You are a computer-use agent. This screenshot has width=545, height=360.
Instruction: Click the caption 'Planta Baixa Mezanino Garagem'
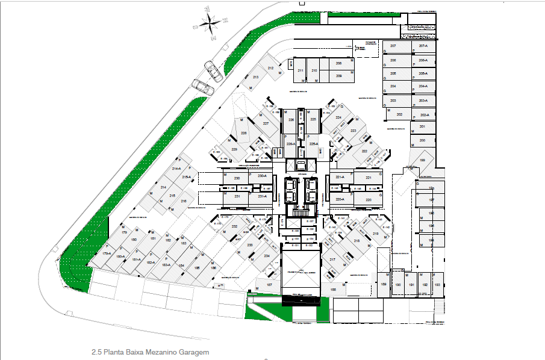point(150,352)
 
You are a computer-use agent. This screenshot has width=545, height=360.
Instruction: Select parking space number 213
point(255,78)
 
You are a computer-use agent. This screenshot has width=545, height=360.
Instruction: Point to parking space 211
point(301,70)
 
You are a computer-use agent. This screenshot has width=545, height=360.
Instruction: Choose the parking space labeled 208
point(339,63)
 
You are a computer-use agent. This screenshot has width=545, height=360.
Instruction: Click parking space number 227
point(266,123)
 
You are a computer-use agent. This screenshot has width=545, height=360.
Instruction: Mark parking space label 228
point(244,133)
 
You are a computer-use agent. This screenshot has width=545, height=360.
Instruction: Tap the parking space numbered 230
point(237,179)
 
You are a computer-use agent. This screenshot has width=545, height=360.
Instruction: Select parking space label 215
point(172,196)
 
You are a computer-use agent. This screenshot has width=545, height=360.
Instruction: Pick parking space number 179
point(125,232)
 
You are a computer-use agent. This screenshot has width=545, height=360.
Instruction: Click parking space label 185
point(198,267)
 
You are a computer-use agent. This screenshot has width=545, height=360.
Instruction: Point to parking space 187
point(269,285)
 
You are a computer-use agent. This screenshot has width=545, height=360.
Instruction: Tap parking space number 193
point(438,285)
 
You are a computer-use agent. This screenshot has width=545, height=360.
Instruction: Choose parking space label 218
point(357,241)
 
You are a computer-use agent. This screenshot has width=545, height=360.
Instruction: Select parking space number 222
point(365,152)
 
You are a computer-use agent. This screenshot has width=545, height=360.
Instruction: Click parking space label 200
point(422,140)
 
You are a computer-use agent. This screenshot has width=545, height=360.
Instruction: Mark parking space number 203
point(393,101)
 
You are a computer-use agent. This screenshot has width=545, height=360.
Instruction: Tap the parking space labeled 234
point(266,256)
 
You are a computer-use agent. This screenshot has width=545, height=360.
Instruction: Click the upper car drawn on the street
point(214,70)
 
